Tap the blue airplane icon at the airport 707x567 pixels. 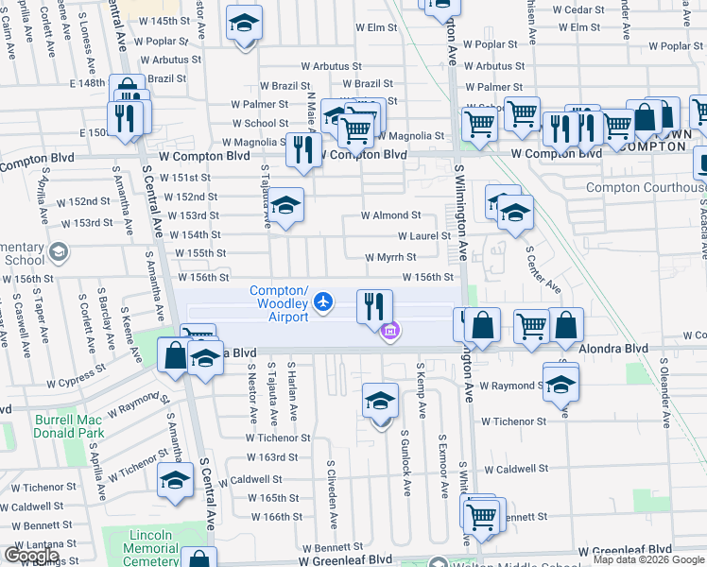coord(324,301)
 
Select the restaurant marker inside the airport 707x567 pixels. coord(374,306)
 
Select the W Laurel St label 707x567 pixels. coord(423,236)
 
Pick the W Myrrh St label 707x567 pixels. coord(390,257)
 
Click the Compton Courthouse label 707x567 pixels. coord(646,187)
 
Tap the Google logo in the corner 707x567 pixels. coord(31,556)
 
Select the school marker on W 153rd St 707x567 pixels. coord(285,207)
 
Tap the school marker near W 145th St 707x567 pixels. coord(245,26)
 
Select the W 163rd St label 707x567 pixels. coord(278,457)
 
